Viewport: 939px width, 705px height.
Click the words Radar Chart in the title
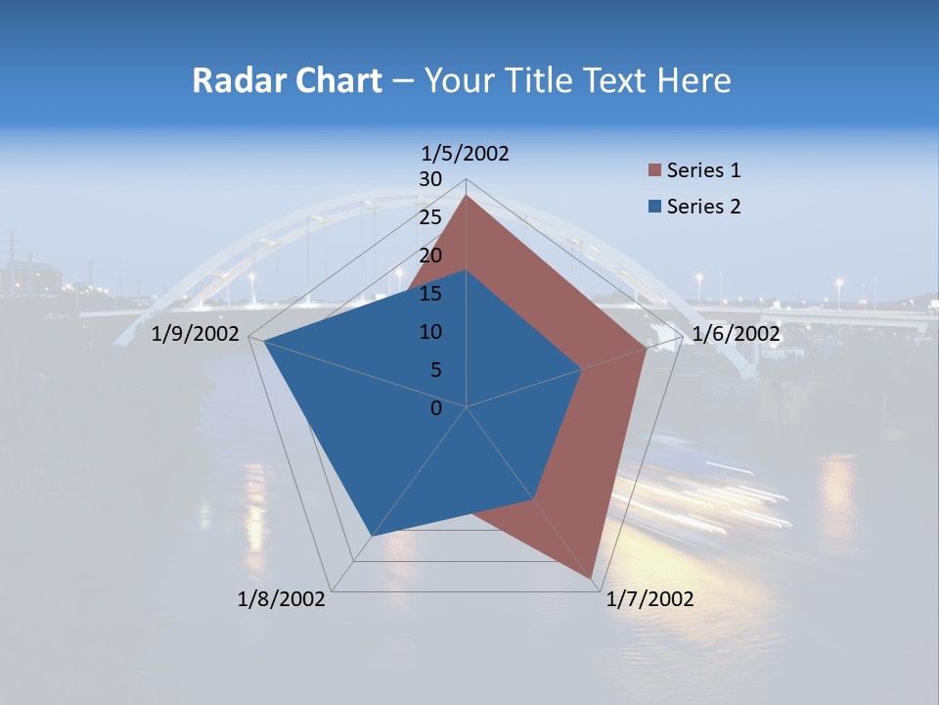286,80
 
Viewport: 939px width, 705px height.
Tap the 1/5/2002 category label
466,153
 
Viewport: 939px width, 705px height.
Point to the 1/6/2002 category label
736,334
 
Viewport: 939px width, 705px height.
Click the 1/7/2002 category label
650,599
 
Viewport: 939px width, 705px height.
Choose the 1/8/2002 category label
282,599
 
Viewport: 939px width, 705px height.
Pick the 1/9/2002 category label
196,334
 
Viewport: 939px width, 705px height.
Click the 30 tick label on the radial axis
430,179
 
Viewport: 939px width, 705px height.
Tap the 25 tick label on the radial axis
430,217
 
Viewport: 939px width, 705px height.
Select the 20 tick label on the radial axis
430,256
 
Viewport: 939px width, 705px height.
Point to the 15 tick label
430,294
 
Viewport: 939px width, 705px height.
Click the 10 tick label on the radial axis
430,332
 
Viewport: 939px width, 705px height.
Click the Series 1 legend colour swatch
654,170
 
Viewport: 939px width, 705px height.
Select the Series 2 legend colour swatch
654,207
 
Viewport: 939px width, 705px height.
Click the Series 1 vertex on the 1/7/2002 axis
593,578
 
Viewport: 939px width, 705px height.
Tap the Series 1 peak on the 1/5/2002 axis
467,196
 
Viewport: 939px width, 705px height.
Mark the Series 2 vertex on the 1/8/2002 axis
372,536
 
